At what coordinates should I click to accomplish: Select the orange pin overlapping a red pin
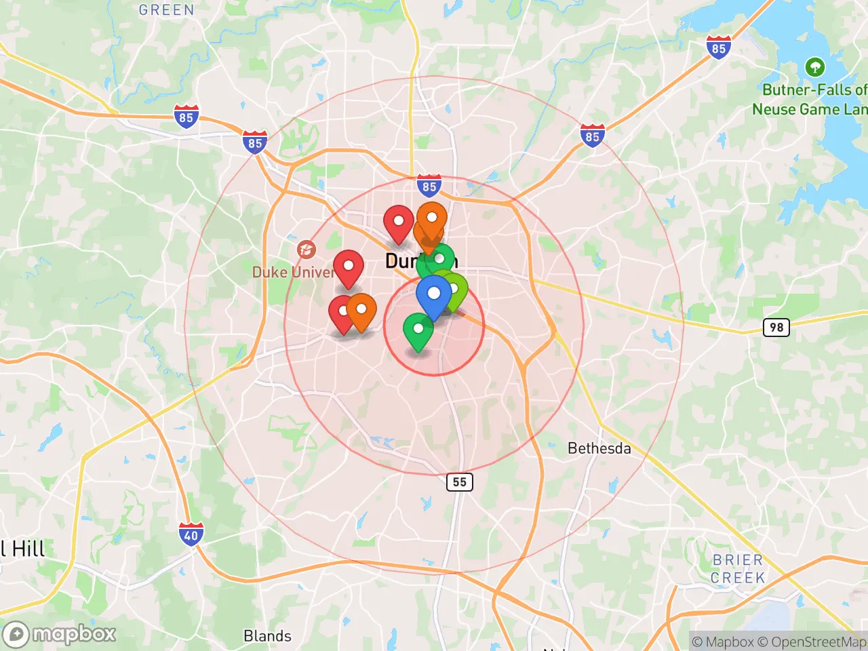362,311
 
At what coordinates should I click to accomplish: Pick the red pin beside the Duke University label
349,267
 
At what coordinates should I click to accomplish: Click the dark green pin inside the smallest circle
418,330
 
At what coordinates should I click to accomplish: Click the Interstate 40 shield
191,535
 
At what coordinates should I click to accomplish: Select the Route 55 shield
460,482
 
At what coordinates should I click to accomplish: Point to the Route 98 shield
776,328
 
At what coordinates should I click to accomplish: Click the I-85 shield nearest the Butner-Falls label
719,48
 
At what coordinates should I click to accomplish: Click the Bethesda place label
599,448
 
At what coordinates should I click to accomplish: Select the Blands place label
267,636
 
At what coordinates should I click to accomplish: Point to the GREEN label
166,9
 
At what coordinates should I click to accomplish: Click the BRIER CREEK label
738,569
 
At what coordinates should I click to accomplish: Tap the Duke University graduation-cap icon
306,250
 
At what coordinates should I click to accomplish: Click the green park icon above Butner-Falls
814,67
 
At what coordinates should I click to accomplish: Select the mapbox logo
60,634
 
